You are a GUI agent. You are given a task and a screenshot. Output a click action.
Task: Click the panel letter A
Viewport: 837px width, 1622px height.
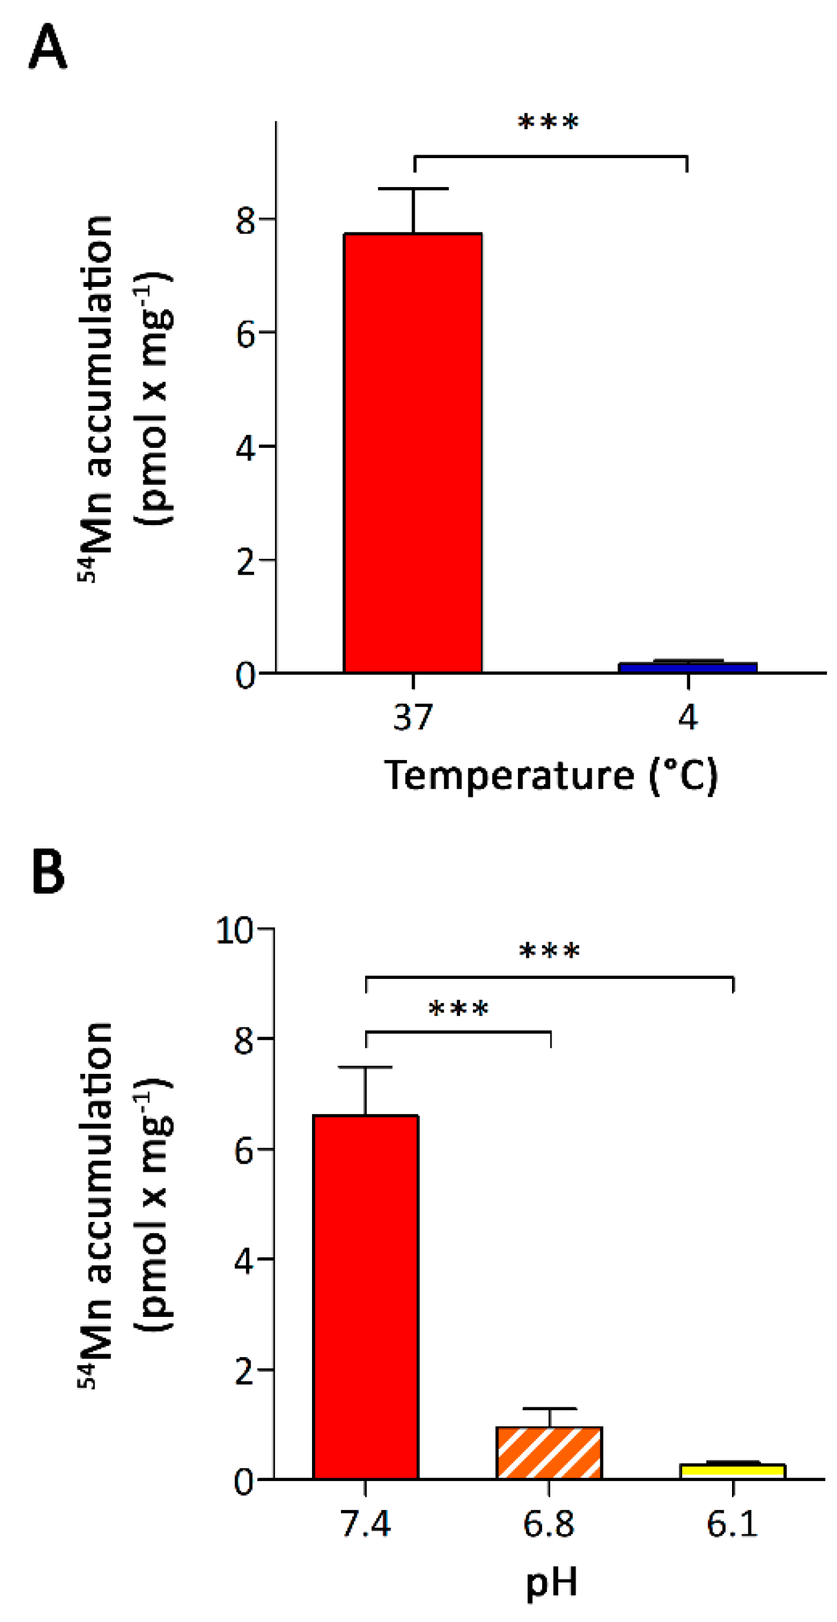coord(48,47)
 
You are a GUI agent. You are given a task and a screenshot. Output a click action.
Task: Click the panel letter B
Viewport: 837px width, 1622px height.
coord(48,872)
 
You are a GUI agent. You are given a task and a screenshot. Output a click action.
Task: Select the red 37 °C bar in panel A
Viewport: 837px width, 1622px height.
coord(413,453)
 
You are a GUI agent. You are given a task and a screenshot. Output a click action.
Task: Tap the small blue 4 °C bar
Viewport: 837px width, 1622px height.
coord(687,667)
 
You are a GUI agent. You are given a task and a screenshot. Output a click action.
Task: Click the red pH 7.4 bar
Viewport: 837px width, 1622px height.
coord(366,1297)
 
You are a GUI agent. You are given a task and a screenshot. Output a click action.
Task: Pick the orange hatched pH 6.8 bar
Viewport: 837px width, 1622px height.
coord(549,1453)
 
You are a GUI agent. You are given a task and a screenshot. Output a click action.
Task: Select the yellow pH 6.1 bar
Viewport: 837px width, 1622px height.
coord(733,1471)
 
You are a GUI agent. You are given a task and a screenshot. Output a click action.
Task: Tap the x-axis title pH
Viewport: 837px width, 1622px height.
coord(552,1583)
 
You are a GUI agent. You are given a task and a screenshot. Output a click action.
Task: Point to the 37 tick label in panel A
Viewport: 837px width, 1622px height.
coord(413,717)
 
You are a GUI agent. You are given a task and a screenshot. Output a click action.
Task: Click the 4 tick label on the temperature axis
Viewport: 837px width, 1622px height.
coord(688,717)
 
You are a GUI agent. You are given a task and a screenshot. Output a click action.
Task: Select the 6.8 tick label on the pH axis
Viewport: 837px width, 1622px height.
coord(549,1525)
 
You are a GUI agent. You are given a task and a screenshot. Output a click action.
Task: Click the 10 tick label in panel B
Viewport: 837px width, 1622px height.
coord(234,930)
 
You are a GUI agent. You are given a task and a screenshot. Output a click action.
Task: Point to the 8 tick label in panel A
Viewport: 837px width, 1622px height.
coord(245,221)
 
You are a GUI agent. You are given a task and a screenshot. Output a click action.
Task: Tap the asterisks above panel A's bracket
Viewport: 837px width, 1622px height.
coord(548,122)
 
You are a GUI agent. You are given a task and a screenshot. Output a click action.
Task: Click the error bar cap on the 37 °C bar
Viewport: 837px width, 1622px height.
coord(413,188)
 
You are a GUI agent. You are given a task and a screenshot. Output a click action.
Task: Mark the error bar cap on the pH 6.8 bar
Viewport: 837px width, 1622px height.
coord(549,1408)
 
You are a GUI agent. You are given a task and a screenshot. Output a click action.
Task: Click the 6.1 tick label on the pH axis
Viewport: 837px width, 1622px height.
coord(732,1525)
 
